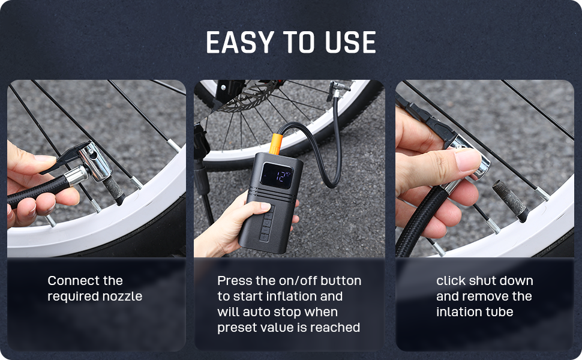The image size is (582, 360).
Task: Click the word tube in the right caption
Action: [x=500, y=312]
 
